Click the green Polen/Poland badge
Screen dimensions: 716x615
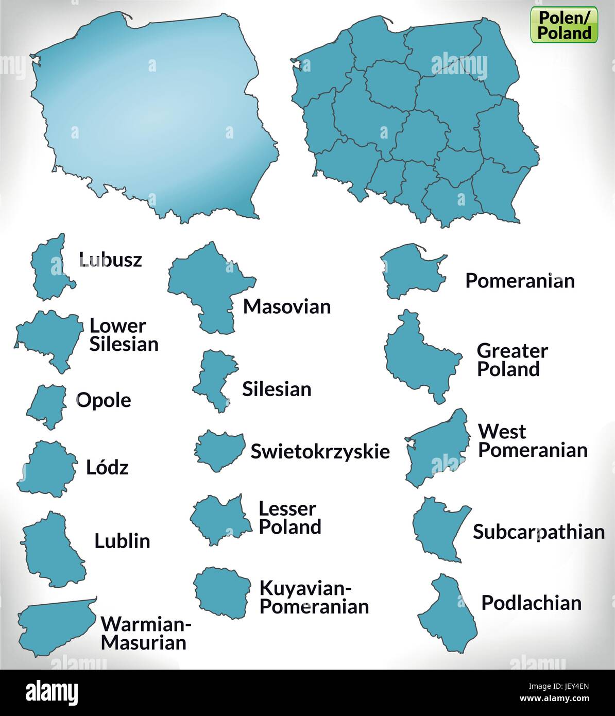564,25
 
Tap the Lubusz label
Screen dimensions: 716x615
110,260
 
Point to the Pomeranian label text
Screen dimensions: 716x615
520,281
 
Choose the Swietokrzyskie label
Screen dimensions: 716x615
320,451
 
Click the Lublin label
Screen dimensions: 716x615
122,541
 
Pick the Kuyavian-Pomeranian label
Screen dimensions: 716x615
314,597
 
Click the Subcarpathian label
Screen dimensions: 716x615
539,532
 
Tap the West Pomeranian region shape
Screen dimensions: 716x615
438,448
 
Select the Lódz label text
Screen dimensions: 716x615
107,467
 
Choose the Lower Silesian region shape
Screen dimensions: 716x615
52,337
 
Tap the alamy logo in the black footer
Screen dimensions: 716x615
52,693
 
